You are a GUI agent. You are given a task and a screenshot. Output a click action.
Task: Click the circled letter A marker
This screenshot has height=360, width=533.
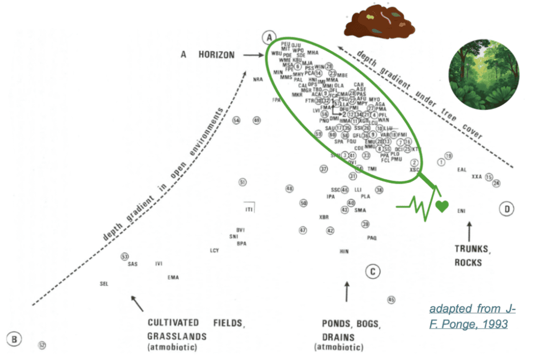[x=268, y=37]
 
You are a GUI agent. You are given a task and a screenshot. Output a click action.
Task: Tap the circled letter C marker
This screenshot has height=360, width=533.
[x=373, y=271]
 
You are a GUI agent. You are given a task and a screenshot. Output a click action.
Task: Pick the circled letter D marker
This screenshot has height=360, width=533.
[x=506, y=210]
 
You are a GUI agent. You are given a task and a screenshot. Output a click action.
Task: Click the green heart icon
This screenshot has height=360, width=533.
[x=442, y=206]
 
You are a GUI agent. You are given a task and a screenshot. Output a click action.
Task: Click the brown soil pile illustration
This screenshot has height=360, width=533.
[x=378, y=25]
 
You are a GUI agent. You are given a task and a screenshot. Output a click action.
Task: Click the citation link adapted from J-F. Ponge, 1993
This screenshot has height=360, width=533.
[x=472, y=316]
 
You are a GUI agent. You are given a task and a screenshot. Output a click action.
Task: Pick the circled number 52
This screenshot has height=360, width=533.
[x=42, y=345]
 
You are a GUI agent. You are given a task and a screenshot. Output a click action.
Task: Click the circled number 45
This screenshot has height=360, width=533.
[x=391, y=300]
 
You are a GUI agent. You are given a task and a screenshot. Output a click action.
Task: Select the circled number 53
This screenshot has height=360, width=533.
[x=124, y=256]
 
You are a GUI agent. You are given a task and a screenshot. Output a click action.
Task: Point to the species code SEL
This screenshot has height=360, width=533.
[x=103, y=284]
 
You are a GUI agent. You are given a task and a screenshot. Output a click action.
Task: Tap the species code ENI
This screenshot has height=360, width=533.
[x=461, y=211]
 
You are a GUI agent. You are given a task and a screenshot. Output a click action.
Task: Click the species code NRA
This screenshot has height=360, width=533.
[x=258, y=80]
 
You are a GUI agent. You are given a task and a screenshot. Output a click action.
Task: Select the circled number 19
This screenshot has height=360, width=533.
[x=449, y=156]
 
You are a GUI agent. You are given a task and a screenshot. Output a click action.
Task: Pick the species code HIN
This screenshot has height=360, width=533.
[x=344, y=251]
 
